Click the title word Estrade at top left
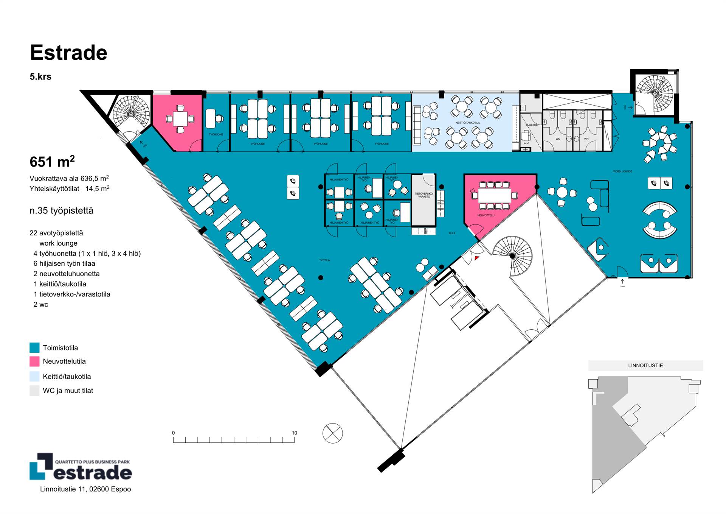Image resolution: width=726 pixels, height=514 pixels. click(68, 53)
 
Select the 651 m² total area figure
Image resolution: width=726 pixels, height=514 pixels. click(52, 162)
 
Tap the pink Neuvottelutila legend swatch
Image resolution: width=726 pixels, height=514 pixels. click(34, 361)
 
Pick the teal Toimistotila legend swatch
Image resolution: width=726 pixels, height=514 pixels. click(34, 347)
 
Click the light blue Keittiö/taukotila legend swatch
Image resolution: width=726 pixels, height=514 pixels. click(34, 376)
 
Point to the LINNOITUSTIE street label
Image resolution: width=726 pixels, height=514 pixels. click(645, 366)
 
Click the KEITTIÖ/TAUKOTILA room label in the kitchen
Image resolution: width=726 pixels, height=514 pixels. click(467, 123)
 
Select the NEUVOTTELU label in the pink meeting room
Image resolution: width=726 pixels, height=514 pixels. click(486, 215)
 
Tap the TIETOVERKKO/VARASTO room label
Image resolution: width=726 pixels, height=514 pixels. click(424, 195)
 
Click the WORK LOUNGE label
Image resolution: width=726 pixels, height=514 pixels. click(622, 171)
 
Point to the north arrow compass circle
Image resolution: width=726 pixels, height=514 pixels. click(332, 433)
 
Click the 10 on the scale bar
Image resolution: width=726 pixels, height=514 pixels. click(294, 433)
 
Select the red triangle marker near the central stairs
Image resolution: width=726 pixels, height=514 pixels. click(477, 258)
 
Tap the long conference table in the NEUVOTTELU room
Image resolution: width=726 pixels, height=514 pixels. click(494, 196)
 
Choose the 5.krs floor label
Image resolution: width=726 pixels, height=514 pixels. click(40, 77)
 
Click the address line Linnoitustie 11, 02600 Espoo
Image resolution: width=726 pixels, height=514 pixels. click(85, 489)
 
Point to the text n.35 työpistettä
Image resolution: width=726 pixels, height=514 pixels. click(61, 210)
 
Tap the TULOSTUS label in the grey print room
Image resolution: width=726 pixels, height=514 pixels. click(531, 125)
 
